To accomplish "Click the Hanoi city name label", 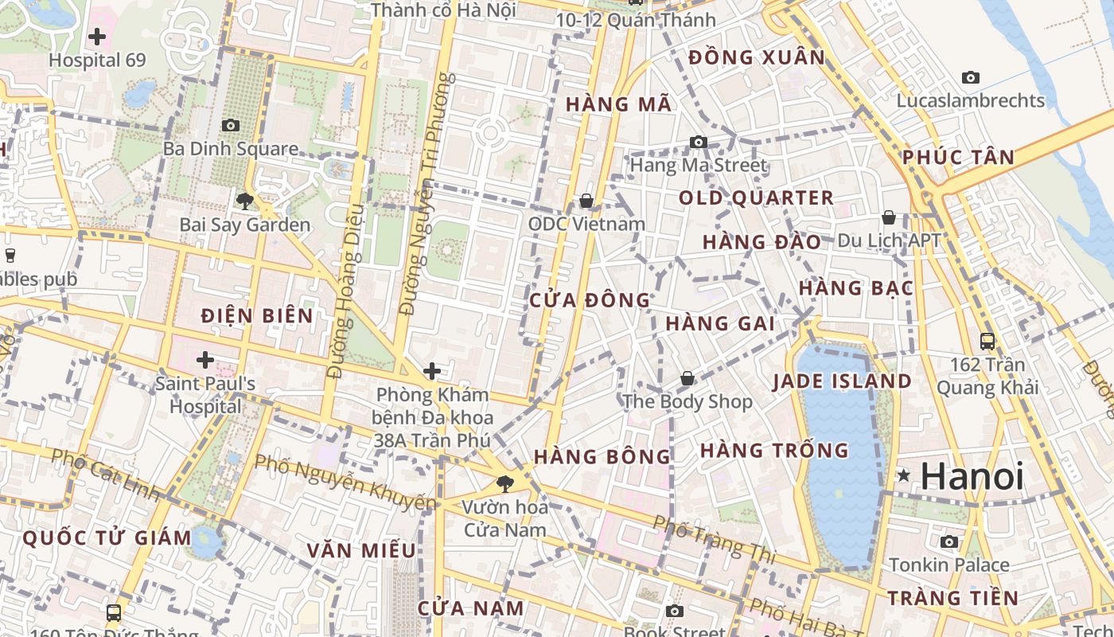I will click(x=972, y=476).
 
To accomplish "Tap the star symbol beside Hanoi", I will click(x=903, y=475).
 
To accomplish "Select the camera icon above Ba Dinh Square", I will click(x=231, y=125).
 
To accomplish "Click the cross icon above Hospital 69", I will click(x=97, y=36).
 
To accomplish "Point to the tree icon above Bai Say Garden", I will click(x=244, y=201).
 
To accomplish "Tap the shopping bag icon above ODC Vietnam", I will click(x=586, y=200).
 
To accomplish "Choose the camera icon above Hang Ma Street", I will click(x=699, y=142).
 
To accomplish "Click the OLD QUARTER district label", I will click(x=756, y=198).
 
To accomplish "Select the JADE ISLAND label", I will click(x=842, y=381).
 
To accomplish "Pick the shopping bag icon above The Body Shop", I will click(x=687, y=378).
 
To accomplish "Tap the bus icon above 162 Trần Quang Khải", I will click(x=987, y=342).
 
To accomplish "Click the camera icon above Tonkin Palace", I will click(x=949, y=542).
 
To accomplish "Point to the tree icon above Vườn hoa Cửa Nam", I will click(x=504, y=483).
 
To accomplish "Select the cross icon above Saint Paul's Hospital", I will click(x=205, y=360).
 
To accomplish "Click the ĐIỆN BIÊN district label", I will click(x=257, y=316).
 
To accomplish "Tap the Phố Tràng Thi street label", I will click(x=714, y=539).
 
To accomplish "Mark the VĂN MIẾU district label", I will click(x=361, y=550).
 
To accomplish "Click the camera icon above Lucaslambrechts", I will click(x=970, y=77).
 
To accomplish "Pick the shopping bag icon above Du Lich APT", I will click(x=889, y=217).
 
